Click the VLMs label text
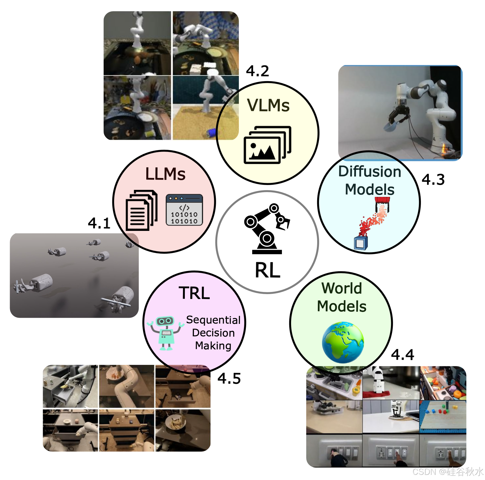(268, 105)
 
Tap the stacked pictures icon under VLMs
(267, 145)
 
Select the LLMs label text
(165, 174)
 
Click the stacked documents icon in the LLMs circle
(141, 210)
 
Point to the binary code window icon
(184, 210)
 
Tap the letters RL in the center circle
(267, 270)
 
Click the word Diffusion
(369, 172)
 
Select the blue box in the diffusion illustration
(361, 243)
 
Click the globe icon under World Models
(343, 342)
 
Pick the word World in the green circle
(341, 288)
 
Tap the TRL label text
(194, 293)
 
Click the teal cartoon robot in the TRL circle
(166, 333)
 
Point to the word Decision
(213, 333)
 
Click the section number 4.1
(99, 223)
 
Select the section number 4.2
(257, 71)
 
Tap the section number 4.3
(433, 180)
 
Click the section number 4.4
(402, 355)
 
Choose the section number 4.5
(229, 379)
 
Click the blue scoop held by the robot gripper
(392, 125)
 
